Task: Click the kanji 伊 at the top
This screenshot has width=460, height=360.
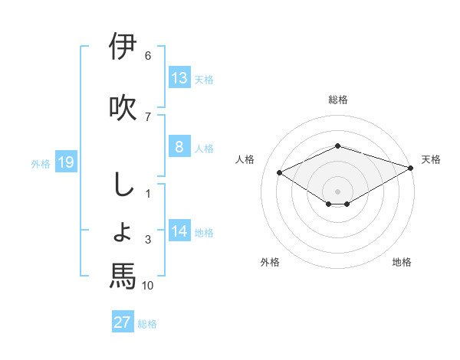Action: pos(123,47)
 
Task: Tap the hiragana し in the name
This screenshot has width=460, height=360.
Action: pos(123,184)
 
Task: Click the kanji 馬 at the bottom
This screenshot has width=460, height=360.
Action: pos(123,276)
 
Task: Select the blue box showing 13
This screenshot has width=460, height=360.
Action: pos(179,77)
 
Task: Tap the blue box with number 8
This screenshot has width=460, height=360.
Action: pos(179,148)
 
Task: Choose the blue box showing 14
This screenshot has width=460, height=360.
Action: pos(179,231)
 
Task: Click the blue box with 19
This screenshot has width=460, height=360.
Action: pos(65,162)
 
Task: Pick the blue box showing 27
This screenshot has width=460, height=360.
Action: pos(122,322)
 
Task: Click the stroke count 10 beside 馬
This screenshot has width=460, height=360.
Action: pos(148,286)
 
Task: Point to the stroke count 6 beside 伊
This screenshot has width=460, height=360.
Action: pos(148,56)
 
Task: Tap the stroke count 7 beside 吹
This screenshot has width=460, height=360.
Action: pos(148,116)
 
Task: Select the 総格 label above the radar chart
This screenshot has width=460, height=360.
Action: pos(338,100)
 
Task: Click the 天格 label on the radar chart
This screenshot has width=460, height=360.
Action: pos(431,159)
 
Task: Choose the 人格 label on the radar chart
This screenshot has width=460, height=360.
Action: pos(245,159)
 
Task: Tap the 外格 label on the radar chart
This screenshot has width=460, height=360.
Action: pos(270,262)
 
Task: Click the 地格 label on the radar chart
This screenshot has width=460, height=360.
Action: pos(402,262)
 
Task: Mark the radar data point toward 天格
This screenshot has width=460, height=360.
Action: pos(412,168)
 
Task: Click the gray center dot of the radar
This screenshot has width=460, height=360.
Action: pos(338,191)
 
